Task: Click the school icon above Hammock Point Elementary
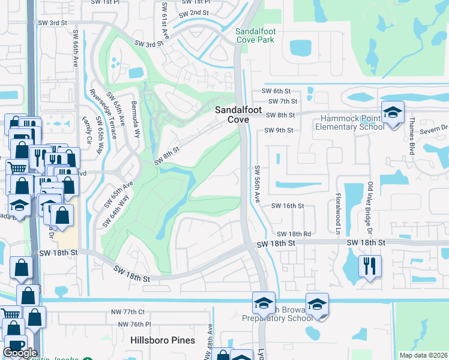click(x=393, y=113)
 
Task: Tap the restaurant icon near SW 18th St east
click(x=369, y=265)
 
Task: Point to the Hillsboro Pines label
click(x=163, y=340)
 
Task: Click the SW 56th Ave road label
click(x=256, y=184)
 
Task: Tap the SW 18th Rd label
click(x=294, y=234)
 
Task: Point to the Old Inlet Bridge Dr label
click(x=370, y=208)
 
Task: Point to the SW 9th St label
click(x=282, y=130)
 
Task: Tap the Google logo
click(x=20, y=353)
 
